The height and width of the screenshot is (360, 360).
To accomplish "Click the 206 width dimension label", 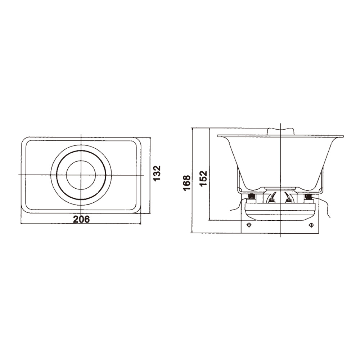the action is (81, 219).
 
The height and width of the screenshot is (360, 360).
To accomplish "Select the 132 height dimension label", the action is (157, 173).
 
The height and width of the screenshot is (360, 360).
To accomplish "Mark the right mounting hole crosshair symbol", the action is (311, 225).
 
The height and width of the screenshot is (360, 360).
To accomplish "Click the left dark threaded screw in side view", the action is (251, 196).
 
